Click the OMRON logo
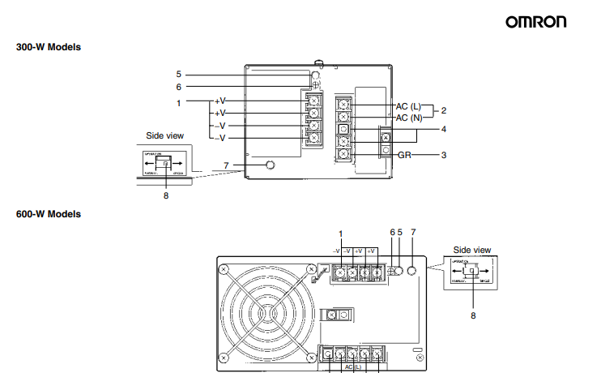536,22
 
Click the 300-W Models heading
49,47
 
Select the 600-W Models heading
49,214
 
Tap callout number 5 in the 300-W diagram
178,74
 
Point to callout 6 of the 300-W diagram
178,87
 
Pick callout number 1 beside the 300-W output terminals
178,102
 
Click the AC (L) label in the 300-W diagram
409,106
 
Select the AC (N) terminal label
409,118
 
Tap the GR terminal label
406,153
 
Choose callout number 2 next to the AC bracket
444,109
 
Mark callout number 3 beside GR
444,153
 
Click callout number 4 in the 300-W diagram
444,129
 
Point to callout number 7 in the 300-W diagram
227,165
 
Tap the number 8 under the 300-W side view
165,195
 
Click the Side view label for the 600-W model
471,250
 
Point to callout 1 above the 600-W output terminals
341,234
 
